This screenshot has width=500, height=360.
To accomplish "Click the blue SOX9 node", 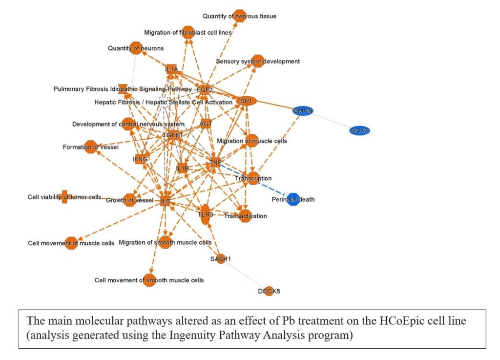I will click(359, 130).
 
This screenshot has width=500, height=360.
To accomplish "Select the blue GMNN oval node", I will click(303, 111).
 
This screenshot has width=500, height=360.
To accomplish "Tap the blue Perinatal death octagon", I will click(293, 199).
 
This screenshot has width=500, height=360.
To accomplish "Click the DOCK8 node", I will click(269, 291).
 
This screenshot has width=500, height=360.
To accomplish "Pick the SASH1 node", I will click(220, 259).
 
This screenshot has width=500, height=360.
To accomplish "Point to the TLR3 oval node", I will click(205, 215).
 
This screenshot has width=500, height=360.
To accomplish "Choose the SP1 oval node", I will click(246, 101).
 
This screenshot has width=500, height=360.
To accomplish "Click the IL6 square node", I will click(165, 201).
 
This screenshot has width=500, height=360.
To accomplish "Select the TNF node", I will click(215, 162).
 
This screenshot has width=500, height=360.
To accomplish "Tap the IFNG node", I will click(140, 159).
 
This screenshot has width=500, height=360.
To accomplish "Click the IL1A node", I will click(171, 69).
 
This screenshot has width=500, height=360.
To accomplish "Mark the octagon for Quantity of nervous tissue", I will click(239, 16).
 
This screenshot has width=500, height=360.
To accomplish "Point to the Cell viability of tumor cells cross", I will click(64, 197).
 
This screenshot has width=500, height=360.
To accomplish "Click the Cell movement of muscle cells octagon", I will click(71, 243).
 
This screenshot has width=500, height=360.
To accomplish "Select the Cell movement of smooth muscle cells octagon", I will click(149, 280).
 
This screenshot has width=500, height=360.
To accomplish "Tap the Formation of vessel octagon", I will click(90, 147).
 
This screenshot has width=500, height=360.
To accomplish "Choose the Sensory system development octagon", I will click(258, 61).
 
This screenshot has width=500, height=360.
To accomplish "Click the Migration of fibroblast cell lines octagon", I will click(188, 32).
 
